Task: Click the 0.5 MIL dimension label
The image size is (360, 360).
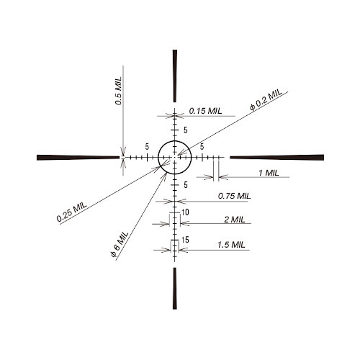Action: point(119,91)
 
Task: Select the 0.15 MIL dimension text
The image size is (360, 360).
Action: point(205,111)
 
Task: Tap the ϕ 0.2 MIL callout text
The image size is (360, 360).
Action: point(266,99)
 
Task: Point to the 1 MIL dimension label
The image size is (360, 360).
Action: point(269,173)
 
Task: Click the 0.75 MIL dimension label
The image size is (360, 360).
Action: point(234,196)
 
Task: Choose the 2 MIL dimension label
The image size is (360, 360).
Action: point(235,220)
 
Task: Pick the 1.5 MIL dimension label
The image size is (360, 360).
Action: point(231,245)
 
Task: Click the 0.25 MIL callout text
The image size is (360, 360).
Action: point(71,212)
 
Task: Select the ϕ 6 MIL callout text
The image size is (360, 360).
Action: point(120,244)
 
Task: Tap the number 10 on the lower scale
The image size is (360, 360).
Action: point(185,212)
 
